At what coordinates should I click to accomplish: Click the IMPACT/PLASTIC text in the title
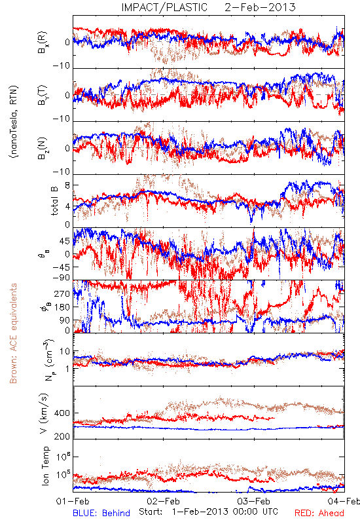click(x=164, y=7)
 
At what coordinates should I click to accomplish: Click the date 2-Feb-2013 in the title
click(x=260, y=7)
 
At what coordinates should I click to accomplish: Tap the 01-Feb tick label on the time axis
click(x=73, y=501)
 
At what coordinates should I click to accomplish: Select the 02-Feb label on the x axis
click(x=163, y=501)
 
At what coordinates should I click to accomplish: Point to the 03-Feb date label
click(x=254, y=501)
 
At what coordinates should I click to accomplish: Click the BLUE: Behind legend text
click(x=101, y=513)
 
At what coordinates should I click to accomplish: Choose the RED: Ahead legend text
click(x=319, y=513)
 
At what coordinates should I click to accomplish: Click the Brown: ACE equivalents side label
click(x=13, y=333)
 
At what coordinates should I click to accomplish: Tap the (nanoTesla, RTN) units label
click(x=14, y=122)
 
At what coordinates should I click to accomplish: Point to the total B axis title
click(x=54, y=200)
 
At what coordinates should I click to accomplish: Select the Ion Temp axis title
click(x=45, y=466)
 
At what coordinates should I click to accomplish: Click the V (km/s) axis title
click(x=45, y=413)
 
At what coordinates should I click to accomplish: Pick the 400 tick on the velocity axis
click(x=62, y=413)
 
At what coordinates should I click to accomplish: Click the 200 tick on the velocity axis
click(x=62, y=436)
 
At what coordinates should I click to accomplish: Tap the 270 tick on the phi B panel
click(x=62, y=293)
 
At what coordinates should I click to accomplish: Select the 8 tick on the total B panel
click(x=67, y=185)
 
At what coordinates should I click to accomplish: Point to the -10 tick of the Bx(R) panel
click(x=62, y=65)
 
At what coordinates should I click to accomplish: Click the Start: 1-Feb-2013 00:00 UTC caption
click(x=208, y=512)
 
